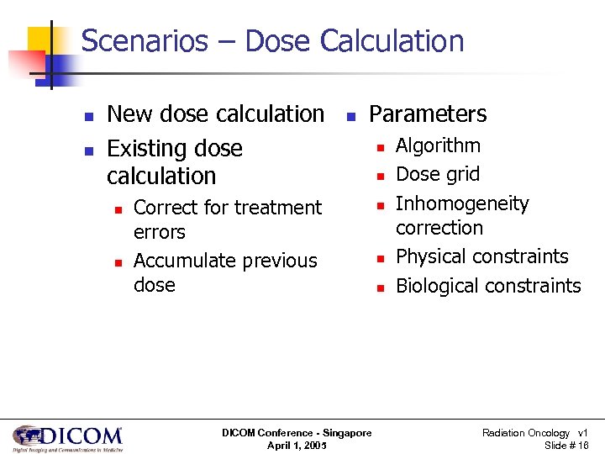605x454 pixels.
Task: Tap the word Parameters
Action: tap(428, 114)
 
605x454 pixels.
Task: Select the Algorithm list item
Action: tap(438, 145)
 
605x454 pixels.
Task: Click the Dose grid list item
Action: tap(437, 174)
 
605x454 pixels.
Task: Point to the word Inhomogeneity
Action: tap(462, 203)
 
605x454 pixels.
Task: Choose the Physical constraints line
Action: tap(481, 256)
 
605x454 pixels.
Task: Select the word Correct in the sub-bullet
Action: tap(166, 208)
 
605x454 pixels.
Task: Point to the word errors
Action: tap(160, 232)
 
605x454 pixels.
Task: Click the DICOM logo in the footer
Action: tap(67, 438)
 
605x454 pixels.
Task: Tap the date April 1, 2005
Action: tap(297, 446)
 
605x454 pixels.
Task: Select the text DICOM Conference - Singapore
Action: tap(297, 433)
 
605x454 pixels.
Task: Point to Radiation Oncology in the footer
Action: tap(525, 433)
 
